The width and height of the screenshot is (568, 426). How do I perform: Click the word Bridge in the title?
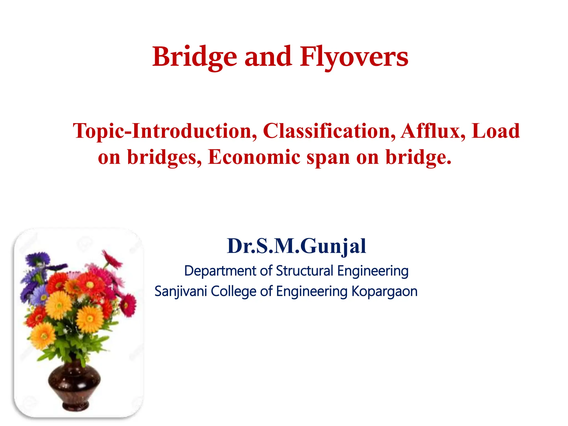coord(194,57)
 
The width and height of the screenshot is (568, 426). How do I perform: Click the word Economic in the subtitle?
coord(254,157)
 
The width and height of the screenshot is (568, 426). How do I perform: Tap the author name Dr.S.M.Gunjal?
coord(296,246)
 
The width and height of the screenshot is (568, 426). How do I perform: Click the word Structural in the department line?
coord(305,271)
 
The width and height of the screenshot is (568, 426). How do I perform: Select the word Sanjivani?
coord(181,291)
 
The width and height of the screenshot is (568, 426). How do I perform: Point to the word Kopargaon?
coord(384,291)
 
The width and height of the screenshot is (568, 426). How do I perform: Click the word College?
coord(234,291)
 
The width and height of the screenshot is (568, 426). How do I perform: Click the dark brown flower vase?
coord(74,386)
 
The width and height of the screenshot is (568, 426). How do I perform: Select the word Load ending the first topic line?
coord(496,131)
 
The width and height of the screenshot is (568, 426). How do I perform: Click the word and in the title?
coord(268,57)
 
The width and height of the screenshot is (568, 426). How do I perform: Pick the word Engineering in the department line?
coord(373,271)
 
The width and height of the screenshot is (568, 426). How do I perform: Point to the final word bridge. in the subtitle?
coord(419,157)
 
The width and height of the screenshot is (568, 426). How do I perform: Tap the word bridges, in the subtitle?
coord(164,157)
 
